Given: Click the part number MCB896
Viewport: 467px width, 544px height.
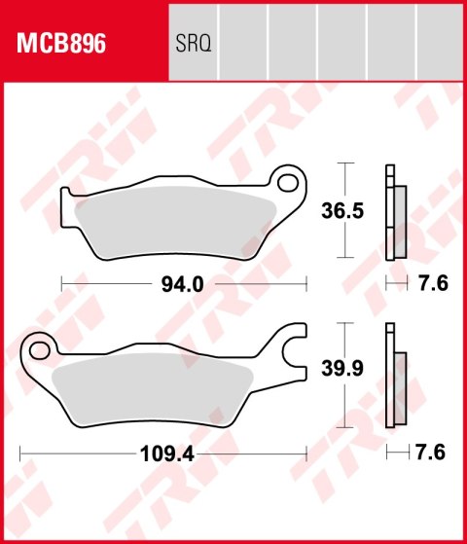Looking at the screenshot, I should pos(61,44).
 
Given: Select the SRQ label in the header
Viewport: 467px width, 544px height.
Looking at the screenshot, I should pos(194,44).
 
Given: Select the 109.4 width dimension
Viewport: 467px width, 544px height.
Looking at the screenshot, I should pos(161,453).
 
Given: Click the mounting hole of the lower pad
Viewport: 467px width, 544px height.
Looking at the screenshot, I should pos(38,345).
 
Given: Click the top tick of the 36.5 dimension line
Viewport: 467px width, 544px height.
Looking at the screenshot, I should pos(342,162).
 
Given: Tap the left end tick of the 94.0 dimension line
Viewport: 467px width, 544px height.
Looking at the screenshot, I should pos(61,284).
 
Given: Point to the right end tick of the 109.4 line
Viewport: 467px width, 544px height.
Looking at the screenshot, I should pos(306,453).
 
